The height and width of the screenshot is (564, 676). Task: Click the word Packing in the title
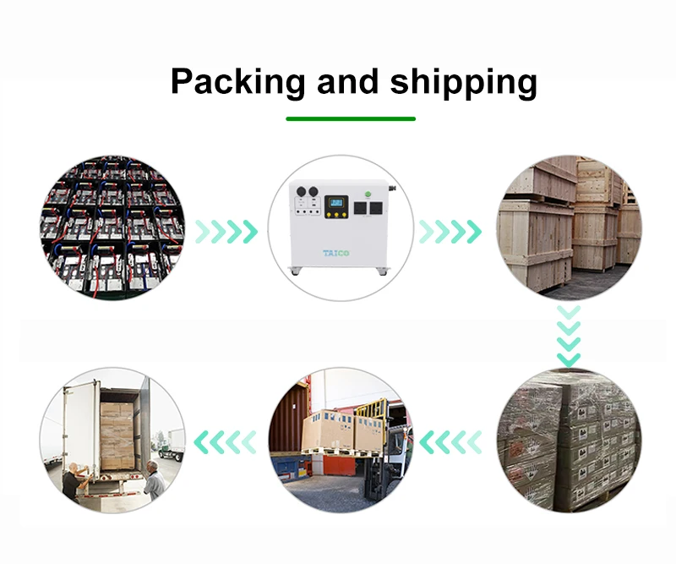(x=237, y=83)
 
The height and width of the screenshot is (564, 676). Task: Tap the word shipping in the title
(x=463, y=83)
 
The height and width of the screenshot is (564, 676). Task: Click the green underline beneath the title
(x=350, y=118)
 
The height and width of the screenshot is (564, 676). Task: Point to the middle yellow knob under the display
(x=338, y=226)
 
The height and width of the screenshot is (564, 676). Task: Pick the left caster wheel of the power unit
(x=293, y=271)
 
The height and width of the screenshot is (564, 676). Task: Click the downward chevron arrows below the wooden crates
(x=569, y=336)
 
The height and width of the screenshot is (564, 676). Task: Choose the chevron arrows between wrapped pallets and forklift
(x=450, y=441)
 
